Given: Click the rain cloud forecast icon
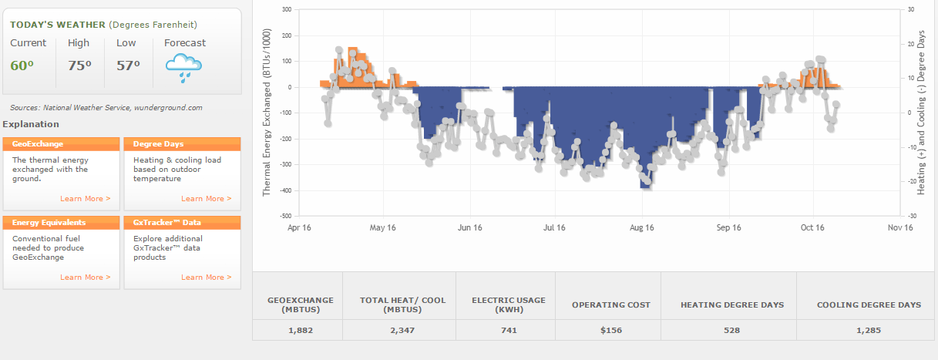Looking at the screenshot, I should pos(184,68).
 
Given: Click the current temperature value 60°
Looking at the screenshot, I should pos(22,66).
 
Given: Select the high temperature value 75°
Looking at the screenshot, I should pos(79,66).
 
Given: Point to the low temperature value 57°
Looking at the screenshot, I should pos(128,66).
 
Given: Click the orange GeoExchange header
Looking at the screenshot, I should pos(62,144).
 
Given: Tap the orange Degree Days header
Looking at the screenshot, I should pos(182,144).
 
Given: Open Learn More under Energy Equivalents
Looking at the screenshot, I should pos(85,278).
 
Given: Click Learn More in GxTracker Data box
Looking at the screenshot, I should pos(206,278).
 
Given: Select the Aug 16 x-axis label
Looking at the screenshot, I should pos(641,227).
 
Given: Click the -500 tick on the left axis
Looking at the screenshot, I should pos(285,216).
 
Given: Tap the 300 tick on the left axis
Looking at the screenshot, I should pos(287,10).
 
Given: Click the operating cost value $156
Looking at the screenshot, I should pos(610,330).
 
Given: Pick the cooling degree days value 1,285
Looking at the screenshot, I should pos(869,330).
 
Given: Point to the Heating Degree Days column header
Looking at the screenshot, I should pos(732,305).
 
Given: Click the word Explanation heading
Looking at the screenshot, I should pos(31,124).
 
